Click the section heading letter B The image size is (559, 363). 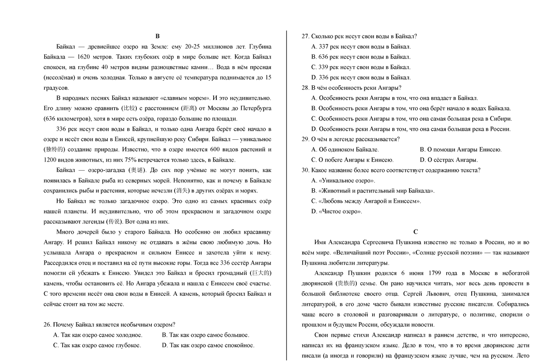coord(158,36)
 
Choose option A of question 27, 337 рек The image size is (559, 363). coord(361,47)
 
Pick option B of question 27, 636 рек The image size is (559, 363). coord(361,57)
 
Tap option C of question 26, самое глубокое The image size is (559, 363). coord(97,345)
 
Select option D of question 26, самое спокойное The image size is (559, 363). coord(208,345)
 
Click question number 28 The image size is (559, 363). coord(305,88)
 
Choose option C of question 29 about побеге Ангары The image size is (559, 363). coord(352,160)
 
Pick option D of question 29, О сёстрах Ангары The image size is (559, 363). coord(449,160)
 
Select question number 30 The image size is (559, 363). coord(305,170)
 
